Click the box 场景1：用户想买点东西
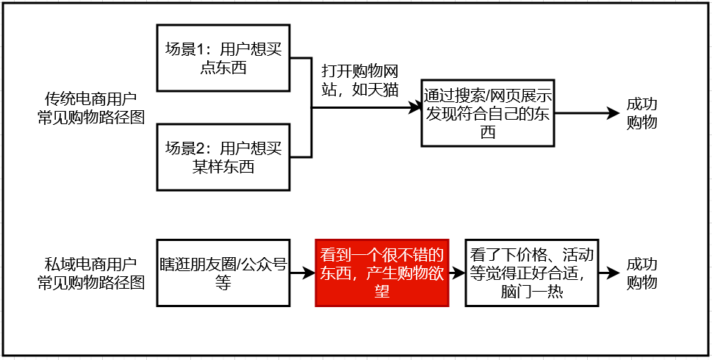223,59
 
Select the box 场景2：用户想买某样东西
223,157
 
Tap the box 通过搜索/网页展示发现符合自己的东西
488,114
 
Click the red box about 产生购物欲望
381,273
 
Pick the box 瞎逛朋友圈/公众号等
223,273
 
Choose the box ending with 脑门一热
532,273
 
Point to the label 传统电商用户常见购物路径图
90,107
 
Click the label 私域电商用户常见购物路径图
90,273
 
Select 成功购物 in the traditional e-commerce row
641,114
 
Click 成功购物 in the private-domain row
641,273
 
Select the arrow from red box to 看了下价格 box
457,273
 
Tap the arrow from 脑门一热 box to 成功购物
609,273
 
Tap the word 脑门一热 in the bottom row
532,290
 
